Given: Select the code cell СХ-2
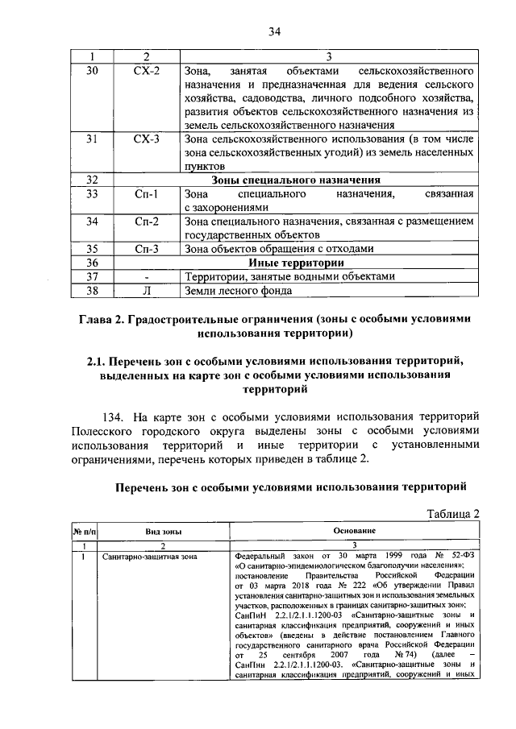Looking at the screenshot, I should (x=146, y=71).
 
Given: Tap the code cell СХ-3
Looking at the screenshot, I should (x=146, y=139).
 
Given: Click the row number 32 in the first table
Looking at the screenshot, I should (x=91, y=180).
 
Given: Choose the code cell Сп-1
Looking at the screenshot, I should (x=146, y=194).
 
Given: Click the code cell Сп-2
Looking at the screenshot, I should (x=146, y=222).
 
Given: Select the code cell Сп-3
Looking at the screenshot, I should (x=146, y=249).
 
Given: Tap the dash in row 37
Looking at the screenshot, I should (x=146, y=276).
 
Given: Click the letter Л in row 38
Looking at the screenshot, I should (x=146, y=290).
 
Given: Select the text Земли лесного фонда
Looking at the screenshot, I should (x=235, y=290).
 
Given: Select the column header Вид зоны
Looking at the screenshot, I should (x=164, y=532).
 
